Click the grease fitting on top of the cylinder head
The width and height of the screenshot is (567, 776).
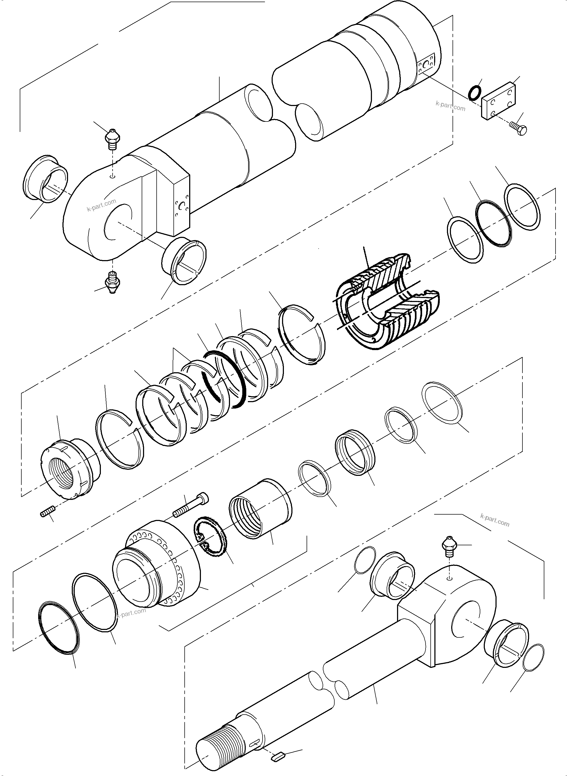coord(112,139)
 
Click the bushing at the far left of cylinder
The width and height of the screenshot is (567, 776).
coord(45,179)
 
